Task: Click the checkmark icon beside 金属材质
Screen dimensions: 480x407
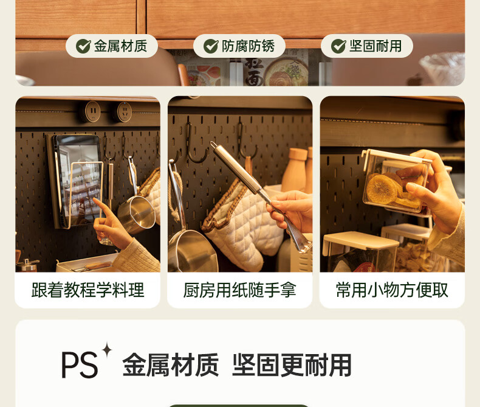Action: [83, 46]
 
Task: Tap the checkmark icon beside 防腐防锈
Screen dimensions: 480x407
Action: [211, 46]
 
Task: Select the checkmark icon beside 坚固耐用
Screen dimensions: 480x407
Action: [338, 46]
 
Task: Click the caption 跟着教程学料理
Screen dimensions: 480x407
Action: [88, 290]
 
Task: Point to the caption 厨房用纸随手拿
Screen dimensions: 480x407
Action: [239, 290]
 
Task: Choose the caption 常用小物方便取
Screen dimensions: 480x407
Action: [392, 290]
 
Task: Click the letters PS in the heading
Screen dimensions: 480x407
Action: [80, 364]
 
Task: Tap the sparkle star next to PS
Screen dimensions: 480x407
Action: [107, 350]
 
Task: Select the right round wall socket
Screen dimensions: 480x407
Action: [124, 111]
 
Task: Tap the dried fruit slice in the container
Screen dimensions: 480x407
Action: [382, 189]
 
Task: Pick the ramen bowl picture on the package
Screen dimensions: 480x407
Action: [286, 74]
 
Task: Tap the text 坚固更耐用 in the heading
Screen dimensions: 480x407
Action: [292, 364]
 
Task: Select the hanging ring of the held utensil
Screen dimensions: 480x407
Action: [214, 145]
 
